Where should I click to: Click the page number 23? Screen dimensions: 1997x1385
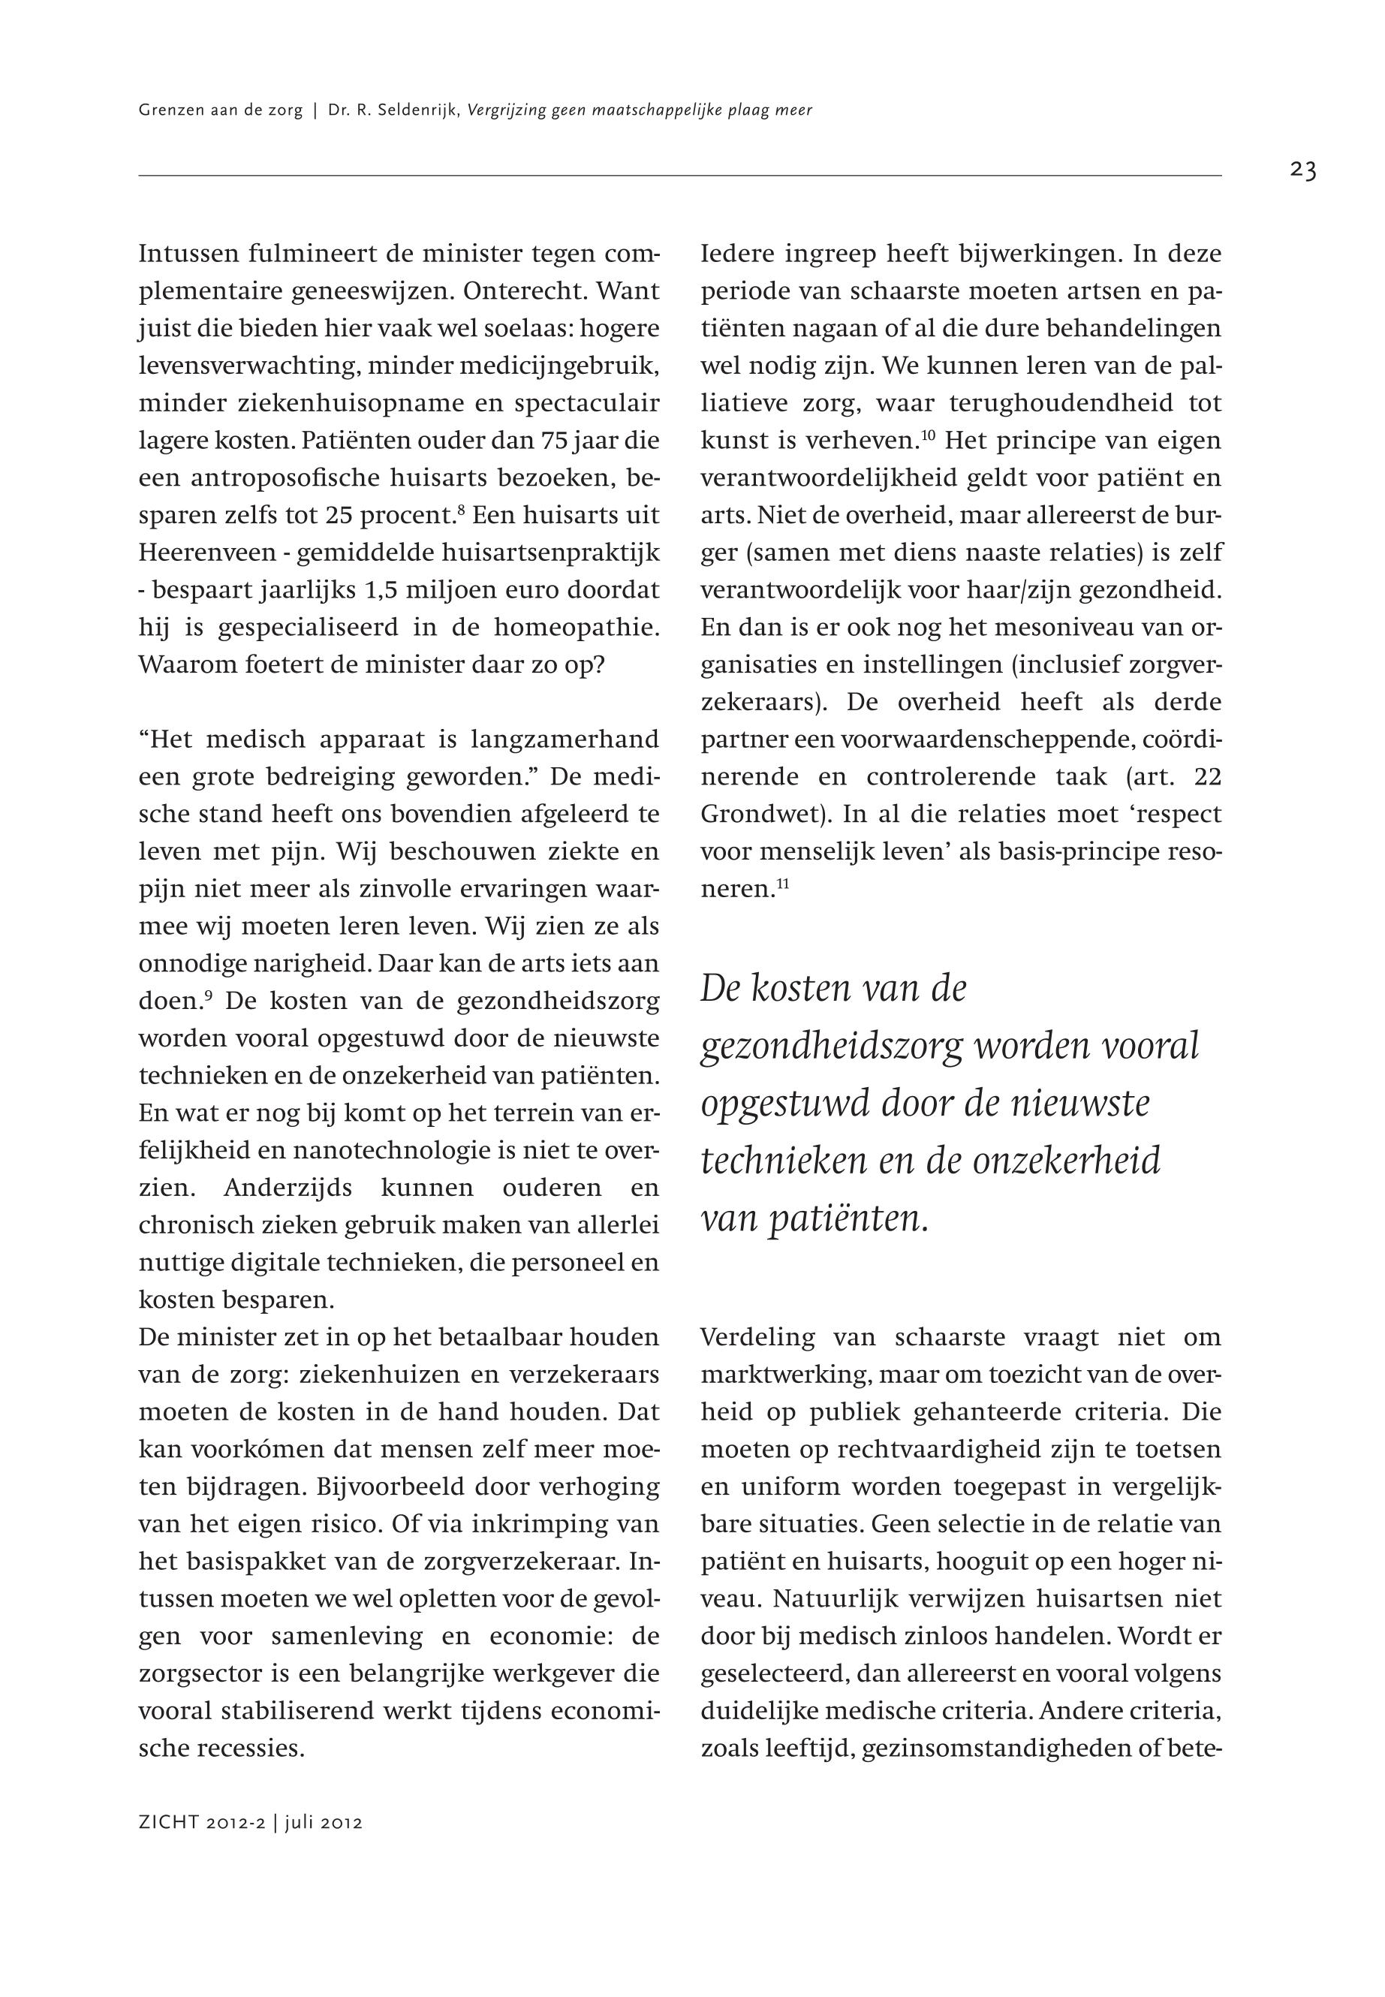coord(1302,171)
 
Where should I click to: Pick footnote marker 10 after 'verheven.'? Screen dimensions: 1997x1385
coord(927,434)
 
